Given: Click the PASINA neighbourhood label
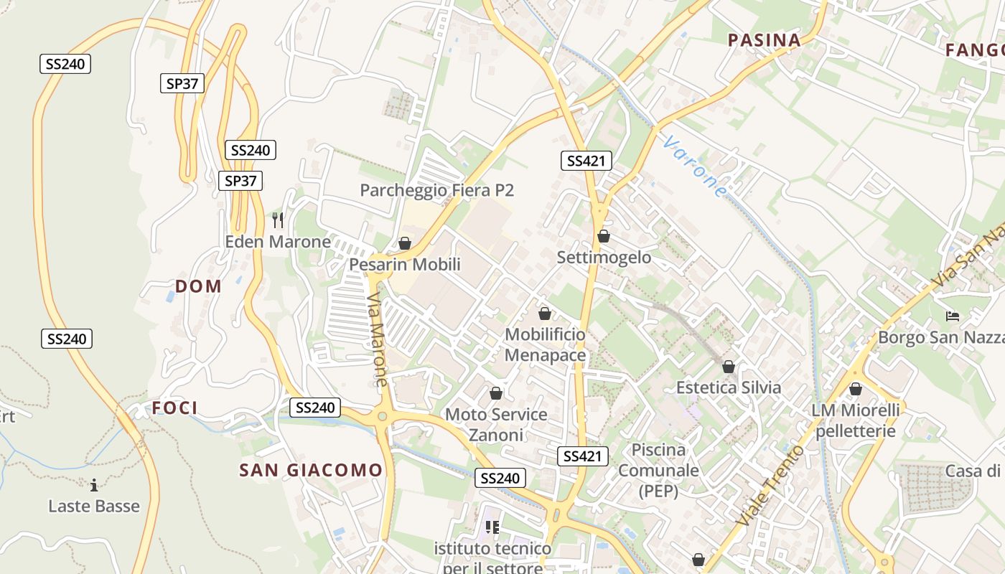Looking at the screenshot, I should pos(765,40).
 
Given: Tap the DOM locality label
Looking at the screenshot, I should pos(198,286).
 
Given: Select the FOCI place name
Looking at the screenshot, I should pos(174,408).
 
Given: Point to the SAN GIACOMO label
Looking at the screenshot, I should pos(311,470).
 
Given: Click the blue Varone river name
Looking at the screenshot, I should pos(695,166).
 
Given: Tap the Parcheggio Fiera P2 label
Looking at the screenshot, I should pos(436,190).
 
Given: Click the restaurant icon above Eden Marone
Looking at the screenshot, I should pos(278,220).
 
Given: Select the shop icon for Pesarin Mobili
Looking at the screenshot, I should pos(405,243).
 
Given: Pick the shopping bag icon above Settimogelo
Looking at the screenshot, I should pos(604,236).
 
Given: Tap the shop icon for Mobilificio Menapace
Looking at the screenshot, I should pos(545,314).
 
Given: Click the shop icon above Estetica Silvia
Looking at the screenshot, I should pos(729,367).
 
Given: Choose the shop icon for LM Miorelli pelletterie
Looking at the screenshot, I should pos(856,389).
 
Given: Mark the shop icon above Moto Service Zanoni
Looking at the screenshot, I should pos(495,393).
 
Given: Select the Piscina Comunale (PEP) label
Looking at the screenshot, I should pos(658,470).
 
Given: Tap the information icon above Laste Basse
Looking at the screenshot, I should pos(94,485).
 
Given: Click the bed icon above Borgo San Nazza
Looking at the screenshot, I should pos(953,316).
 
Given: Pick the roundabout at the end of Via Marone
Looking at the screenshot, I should pos(383,415).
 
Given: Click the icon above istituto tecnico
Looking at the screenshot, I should pos(492,527).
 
